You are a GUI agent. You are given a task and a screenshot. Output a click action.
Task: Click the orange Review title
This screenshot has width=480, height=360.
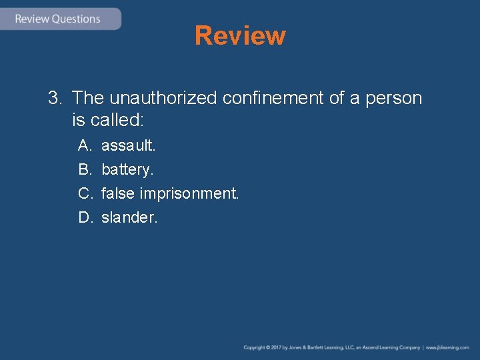240,35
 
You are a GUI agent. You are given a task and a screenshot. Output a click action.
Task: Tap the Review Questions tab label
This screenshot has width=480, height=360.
57,19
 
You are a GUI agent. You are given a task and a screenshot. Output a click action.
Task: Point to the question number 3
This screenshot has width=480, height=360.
54,99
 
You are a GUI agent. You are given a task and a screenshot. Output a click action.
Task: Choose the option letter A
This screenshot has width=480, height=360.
84,145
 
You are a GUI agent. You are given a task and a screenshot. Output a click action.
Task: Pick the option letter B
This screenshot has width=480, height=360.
84,169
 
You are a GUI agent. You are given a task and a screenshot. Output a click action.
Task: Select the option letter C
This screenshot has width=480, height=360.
85,193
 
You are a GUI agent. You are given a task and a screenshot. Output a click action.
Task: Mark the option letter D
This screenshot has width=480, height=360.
85,217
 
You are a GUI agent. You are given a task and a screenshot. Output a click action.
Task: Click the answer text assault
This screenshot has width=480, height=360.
128,145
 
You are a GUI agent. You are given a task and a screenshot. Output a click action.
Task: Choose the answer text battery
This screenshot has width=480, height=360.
127,169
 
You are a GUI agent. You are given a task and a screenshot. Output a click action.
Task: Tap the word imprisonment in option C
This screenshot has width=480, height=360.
189,193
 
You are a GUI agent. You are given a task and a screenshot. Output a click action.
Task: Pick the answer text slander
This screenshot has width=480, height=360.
129,217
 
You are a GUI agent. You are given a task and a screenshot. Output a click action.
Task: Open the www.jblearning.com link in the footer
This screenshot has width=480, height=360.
447,347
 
